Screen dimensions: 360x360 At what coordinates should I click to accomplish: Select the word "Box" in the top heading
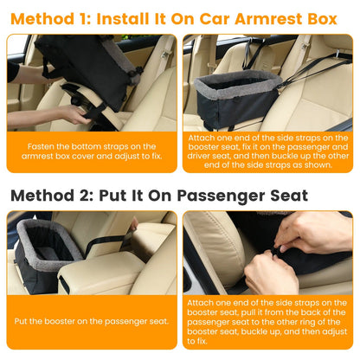(329, 17)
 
